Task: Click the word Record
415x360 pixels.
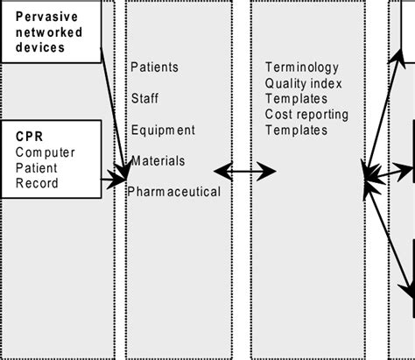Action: tap(38, 183)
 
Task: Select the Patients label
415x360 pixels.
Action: tap(154, 67)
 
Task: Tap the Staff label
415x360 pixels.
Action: tap(145, 98)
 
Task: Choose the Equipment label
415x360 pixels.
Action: tap(163, 131)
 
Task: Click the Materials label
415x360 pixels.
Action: tap(158, 160)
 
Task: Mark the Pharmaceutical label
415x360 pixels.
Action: tap(173, 191)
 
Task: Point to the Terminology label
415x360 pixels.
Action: tap(301, 67)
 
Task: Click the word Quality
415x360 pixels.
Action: tap(286, 83)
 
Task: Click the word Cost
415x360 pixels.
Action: tap(278, 115)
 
